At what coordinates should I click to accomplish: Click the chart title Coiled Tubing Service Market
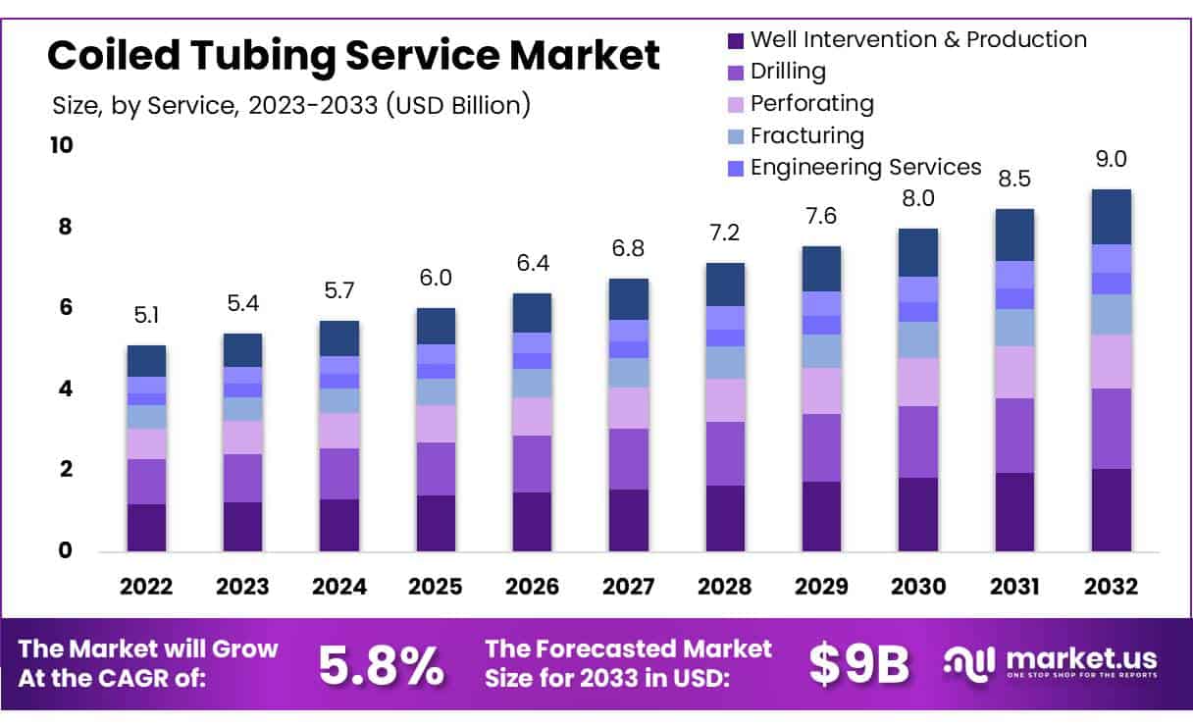click(353, 56)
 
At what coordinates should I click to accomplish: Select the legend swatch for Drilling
click(736, 72)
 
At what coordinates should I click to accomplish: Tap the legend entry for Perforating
click(811, 103)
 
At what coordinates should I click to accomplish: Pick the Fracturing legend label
click(806, 135)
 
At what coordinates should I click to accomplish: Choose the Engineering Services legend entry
click(865, 167)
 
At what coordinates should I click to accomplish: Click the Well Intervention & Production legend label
click(918, 40)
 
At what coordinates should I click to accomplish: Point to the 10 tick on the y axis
click(61, 145)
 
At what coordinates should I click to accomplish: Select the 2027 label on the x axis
click(627, 587)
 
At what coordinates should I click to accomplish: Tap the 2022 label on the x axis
click(146, 587)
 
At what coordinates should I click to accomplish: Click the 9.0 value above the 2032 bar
click(1111, 160)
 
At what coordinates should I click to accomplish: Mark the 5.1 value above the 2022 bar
click(146, 317)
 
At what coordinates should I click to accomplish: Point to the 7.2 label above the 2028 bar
click(723, 233)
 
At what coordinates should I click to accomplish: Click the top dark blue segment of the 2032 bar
click(1111, 216)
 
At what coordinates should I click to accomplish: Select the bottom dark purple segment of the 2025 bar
click(435, 523)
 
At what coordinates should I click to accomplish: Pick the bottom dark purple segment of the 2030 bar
click(917, 514)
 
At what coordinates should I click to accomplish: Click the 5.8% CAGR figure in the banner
click(380, 665)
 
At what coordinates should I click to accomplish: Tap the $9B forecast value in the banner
click(859, 665)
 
